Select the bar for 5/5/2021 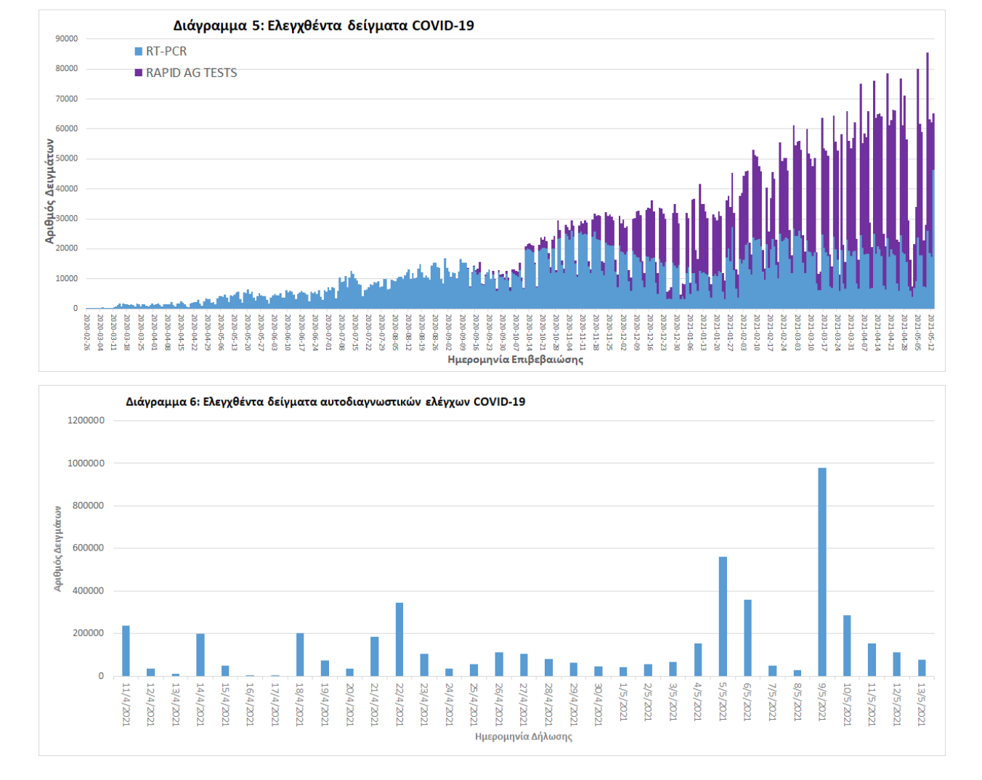(723, 617)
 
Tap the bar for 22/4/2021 (399, 639)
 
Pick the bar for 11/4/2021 (126, 651)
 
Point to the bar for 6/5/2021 (747, 638)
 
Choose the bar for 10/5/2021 (847, 646)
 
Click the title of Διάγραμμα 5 (323, 25)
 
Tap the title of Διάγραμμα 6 (325, 402)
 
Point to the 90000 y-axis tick (67, 38)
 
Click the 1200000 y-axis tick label (86, 421)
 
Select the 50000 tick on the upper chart (67, 158)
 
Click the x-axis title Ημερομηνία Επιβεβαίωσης (515, 359)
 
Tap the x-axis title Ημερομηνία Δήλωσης (523, 736)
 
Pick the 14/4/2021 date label (200, 704)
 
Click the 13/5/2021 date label (922, 704)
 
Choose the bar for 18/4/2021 (300, 654)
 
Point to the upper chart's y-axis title (49, 190)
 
